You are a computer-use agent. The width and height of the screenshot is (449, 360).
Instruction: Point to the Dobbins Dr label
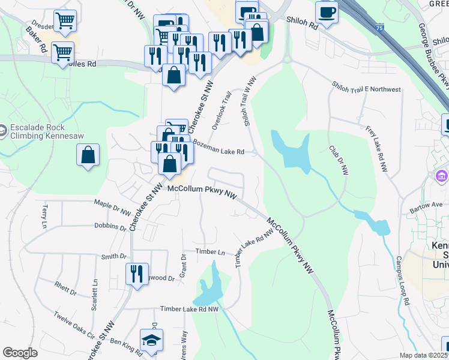click(x=110, y=227)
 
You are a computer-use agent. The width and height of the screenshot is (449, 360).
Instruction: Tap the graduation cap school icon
click(x=151, y=340)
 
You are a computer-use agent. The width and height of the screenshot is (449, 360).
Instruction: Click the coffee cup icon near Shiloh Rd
click(x=327, y=12)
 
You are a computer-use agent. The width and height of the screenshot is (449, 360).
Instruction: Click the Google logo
click(x=20, y=353)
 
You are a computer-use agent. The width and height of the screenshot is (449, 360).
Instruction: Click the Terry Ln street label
click(x=44, y=213)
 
